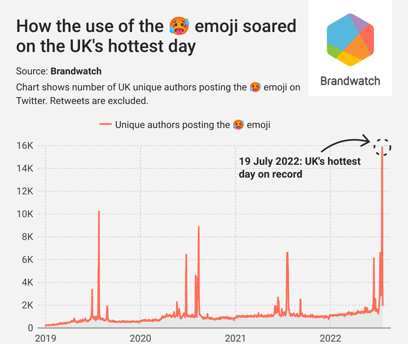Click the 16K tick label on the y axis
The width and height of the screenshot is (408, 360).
click(25, 146)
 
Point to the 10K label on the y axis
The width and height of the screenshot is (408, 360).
click(25, 214)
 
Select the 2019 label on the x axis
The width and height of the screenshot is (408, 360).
click(46, 338)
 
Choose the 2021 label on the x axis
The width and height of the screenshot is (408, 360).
click(235, 338)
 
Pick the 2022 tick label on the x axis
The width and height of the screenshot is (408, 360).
click(330, 338)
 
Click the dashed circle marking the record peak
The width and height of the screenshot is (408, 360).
click(382, 147)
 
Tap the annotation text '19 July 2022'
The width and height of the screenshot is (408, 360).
click(266, 162)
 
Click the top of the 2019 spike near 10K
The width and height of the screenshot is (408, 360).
click(99, 212)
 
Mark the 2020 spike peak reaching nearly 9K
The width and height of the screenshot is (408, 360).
click(198, 227)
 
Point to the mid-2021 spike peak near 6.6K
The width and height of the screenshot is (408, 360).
click(287, 253)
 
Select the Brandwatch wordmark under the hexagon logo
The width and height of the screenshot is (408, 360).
click(350, 81)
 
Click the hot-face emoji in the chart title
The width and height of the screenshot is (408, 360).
click(177, 26)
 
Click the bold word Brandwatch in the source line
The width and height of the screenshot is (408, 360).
click(76, 71)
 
